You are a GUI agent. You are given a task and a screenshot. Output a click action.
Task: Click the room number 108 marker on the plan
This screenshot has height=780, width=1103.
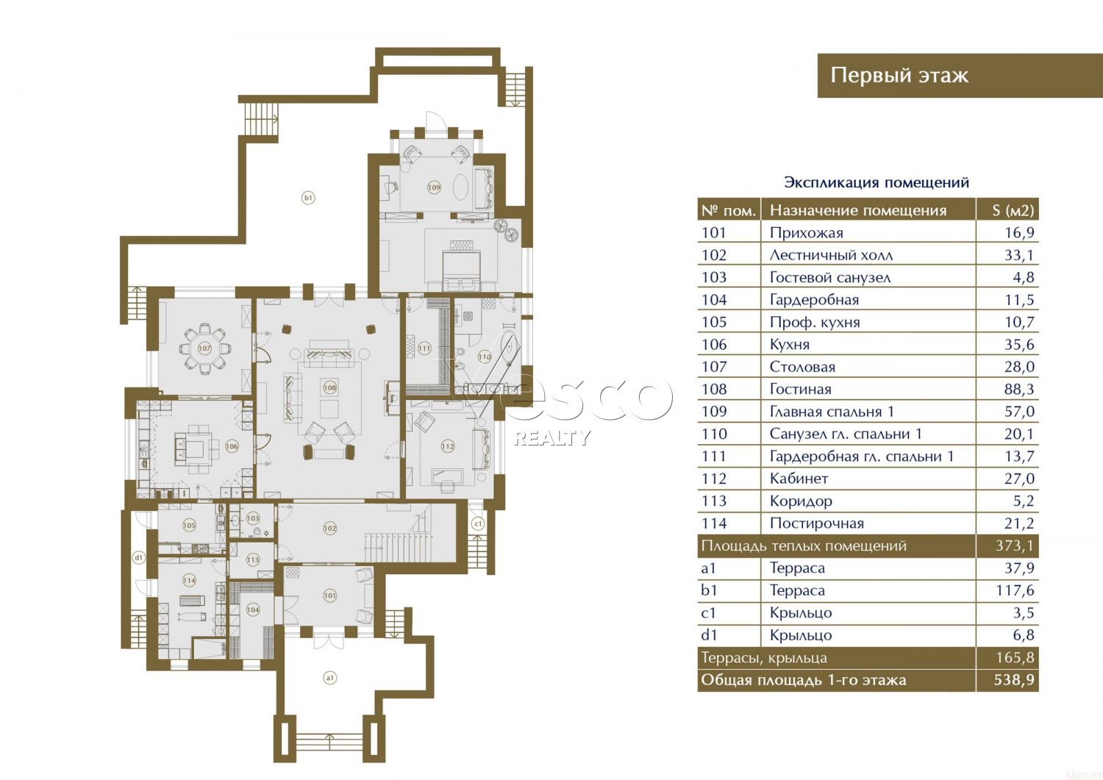point(329,387)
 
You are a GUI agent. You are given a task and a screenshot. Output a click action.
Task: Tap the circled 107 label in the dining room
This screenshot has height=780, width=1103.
point(204,348)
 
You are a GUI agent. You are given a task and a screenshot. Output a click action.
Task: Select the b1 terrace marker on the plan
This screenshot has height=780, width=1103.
point(308,198)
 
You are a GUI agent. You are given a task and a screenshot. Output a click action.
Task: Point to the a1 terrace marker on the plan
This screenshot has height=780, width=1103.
point(329,678)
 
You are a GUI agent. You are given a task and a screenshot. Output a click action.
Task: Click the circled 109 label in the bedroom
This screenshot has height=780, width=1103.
point(434,187)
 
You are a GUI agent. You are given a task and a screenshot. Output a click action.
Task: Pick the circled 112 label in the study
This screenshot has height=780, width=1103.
point(448,447)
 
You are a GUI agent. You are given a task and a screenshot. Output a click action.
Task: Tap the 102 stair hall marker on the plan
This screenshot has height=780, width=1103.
point(329,529)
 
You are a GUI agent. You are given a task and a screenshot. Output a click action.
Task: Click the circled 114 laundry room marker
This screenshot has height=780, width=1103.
point(189,580)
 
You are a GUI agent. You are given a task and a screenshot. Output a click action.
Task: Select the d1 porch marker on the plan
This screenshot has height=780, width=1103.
point(139,558)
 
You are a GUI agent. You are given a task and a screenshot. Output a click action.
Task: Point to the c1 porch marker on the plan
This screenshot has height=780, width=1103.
point(477,523)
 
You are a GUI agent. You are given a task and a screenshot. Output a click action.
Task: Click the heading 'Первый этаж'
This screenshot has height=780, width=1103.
point(899,75)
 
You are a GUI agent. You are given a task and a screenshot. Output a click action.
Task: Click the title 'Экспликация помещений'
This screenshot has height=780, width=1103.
point(877,183)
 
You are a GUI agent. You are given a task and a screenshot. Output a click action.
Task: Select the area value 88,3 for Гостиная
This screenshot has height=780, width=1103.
point(1018,389)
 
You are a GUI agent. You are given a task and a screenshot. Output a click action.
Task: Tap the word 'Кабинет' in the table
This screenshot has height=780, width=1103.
point(799,478)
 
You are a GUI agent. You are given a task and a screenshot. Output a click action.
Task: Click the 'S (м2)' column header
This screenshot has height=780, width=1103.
point(1013,210)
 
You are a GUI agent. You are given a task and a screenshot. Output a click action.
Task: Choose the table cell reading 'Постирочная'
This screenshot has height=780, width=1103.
point(817,523)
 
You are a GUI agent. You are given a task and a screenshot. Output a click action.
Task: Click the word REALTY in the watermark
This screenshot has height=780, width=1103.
point(552,437)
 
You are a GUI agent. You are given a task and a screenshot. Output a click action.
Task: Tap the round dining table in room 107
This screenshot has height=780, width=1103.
point(204,348)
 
